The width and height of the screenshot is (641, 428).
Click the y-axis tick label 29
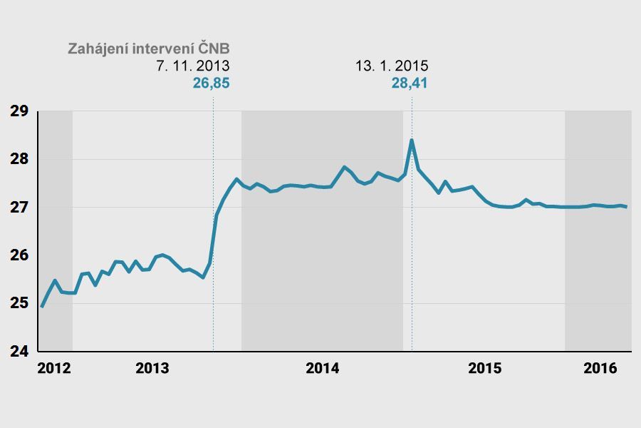point(19,111)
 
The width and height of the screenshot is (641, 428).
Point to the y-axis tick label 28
point(19,159)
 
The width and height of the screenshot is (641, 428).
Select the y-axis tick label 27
point(19,208)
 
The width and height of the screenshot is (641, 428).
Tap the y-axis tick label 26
point(19,255)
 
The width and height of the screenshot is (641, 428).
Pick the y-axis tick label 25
point(19,303)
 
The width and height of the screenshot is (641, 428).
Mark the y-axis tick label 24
point(19,352)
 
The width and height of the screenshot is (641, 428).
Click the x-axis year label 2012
point(54,369)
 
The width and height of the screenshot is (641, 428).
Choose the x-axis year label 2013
point(152,369)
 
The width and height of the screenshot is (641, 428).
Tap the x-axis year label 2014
point(323,369)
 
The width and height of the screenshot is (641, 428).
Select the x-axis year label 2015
point(485,369)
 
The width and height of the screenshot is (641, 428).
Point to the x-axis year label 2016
point(600,369)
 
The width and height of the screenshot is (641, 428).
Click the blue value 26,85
point(212,83)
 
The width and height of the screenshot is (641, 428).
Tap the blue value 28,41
point(410,83)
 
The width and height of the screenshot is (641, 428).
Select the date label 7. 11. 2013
point(193,66)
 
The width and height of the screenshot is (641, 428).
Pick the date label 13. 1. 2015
point(392,66)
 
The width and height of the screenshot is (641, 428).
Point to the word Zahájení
point(95,49)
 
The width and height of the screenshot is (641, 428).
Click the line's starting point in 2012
point(42,307)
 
